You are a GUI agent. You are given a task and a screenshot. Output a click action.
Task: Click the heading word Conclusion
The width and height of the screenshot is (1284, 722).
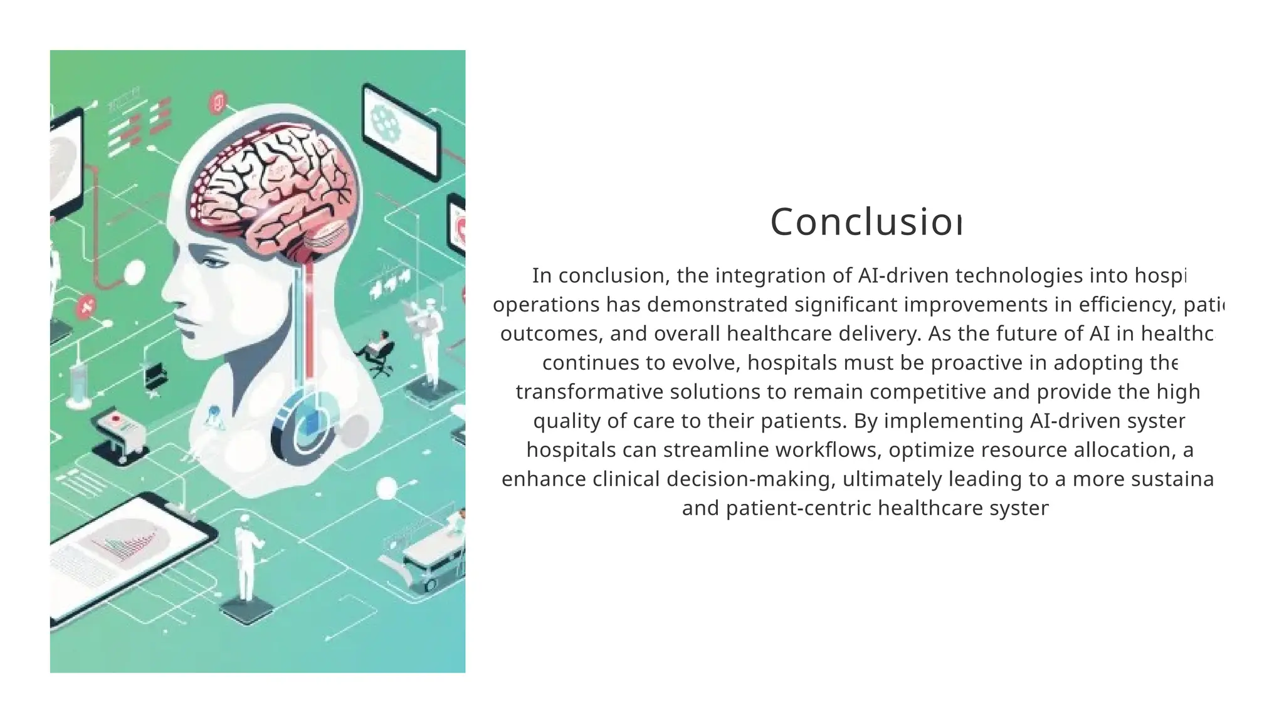click(865, 222)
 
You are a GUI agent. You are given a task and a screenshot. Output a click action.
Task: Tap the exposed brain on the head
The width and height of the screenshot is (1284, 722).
click(276, 188)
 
